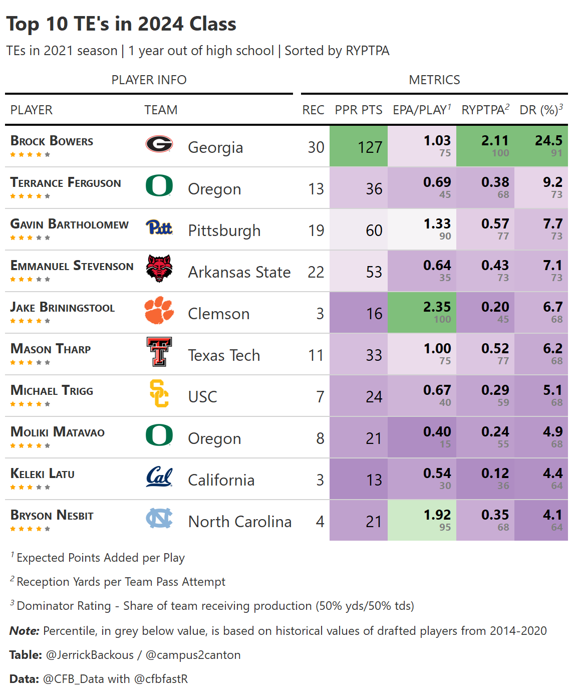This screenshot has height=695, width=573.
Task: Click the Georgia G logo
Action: click(x=159, y=144)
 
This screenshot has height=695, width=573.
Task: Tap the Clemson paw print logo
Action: click(x=159, y=310)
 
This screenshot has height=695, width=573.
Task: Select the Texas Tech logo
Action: click(x=159, y=352)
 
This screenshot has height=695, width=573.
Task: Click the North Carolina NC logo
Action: click(x=159, y=518)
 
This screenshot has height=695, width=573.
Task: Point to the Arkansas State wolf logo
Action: click(x=159, y=269)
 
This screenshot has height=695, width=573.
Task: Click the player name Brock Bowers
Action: click(x=52, y=141)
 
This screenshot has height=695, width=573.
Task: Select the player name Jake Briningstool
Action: click(x=63, y=308)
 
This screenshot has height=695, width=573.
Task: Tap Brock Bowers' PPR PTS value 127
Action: click(x=370, y=147)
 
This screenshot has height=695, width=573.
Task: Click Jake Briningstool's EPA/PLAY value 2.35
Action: click(x=437, y=307)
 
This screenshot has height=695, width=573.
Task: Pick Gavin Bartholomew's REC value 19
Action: click(x=316, y=230)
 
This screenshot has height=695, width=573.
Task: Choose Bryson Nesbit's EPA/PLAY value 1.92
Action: click(x=437, y=515)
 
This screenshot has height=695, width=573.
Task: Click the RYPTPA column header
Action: click(x=485, y=110)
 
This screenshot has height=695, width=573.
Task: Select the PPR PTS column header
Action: click(x=359, y=110)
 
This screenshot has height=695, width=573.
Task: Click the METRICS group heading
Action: click(x=434, y=80)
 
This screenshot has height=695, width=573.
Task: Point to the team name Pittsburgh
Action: click(x=224, y=230)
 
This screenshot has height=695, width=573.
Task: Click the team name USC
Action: click(x=202, y=397)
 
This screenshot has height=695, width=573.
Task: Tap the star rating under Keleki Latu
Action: click(x=30, y=487)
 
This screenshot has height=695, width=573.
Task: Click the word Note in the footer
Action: click(x=24, y=631)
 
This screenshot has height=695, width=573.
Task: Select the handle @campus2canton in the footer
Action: click(x=193, y=655)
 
